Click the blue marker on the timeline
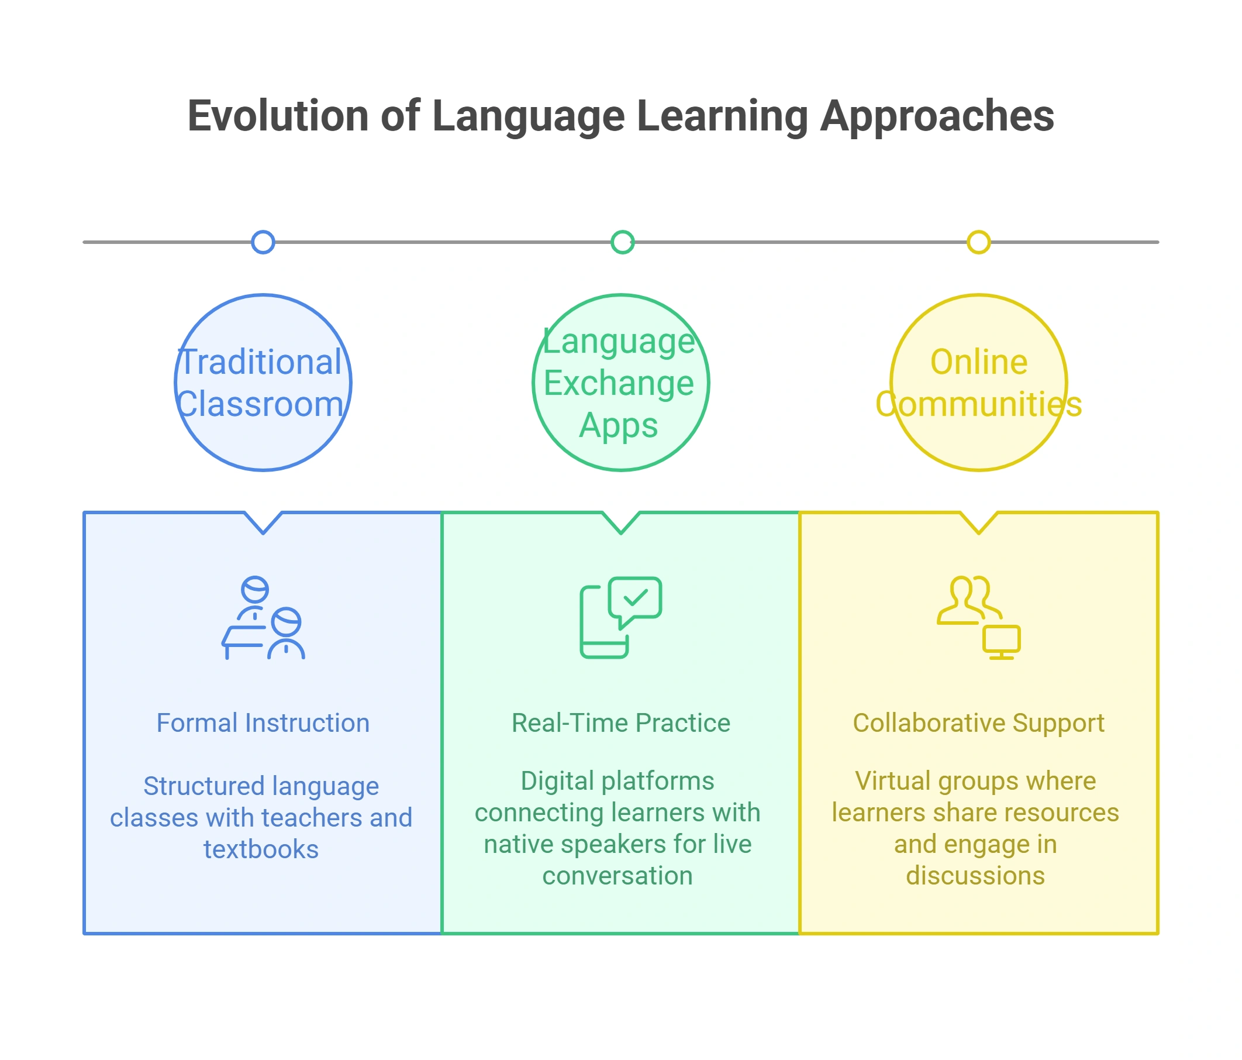263,242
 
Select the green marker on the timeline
622,242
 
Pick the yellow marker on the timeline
978,242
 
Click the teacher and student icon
263,618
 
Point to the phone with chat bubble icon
621,618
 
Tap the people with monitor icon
978,618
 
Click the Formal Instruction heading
263,723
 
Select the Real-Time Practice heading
621,723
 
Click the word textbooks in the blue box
261,849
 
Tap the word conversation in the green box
617,876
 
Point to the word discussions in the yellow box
975,876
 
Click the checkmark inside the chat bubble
636,598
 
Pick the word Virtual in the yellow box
892,781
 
